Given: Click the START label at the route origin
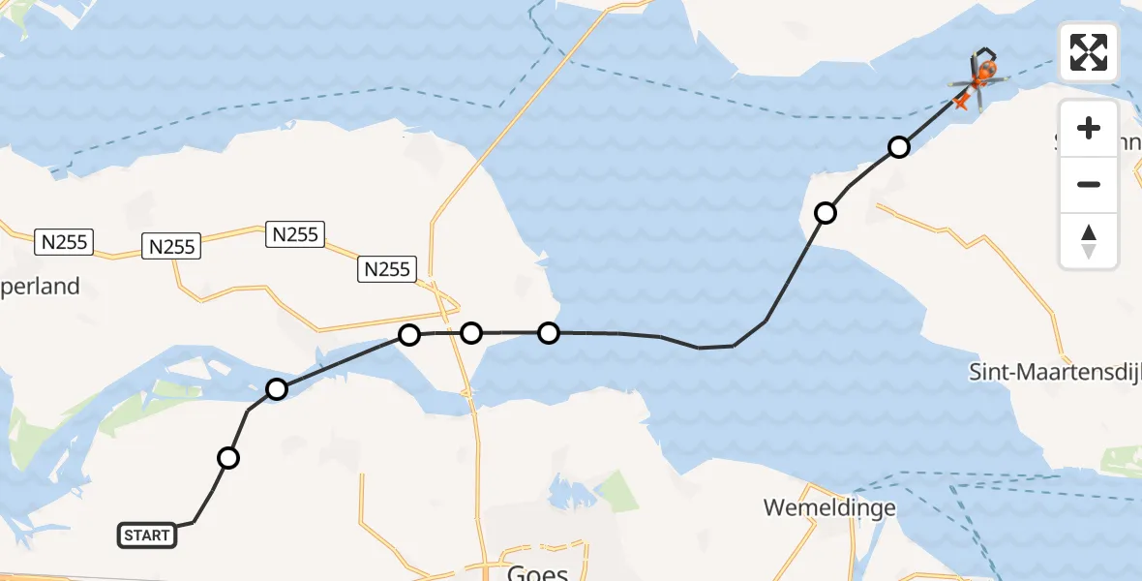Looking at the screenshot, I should point(147,535).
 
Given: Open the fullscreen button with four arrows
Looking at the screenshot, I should point(1089,52).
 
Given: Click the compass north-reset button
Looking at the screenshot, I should point(1089,241).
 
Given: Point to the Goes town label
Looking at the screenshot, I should point(537,572).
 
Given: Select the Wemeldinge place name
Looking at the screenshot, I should point(828,507).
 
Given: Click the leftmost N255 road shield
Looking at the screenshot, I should point(65,241).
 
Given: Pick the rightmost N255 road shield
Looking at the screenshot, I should point(387,268).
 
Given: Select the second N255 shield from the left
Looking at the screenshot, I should point(171,246).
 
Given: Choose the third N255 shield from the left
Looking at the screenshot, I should point(295,233).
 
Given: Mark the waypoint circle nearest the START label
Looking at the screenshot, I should point(228,458).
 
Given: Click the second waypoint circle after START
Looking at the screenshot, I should point(277,389).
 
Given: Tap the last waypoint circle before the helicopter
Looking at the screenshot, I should point(899,147).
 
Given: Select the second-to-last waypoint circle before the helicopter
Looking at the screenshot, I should point(826,213).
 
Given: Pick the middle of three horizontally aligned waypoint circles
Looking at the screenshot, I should point(471,333).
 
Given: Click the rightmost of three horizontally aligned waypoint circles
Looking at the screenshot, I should point(549,333).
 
